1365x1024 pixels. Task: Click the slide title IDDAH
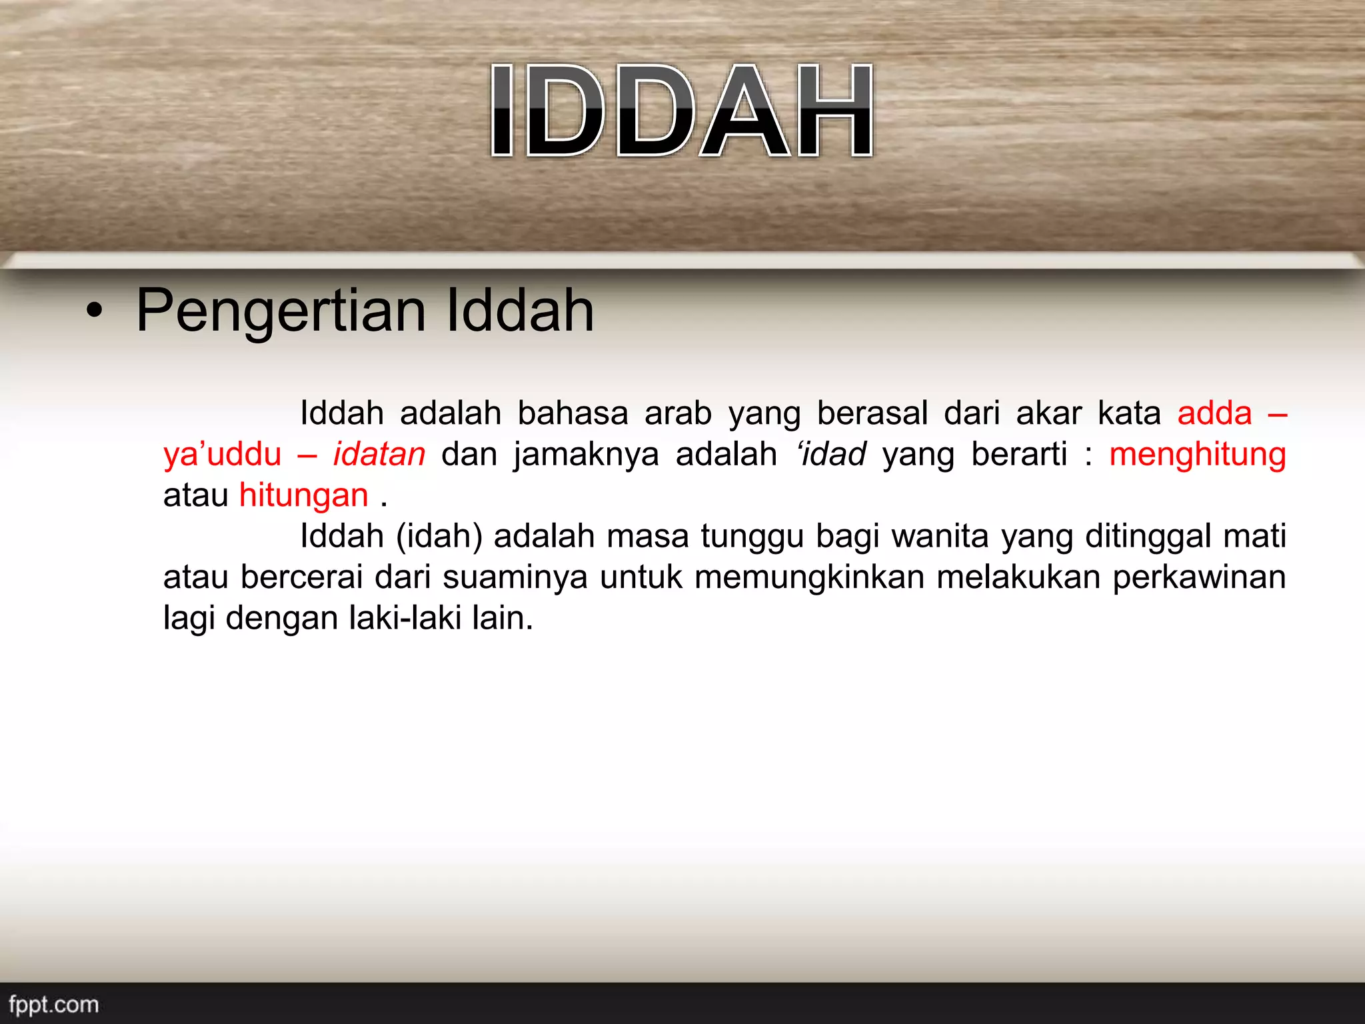681,111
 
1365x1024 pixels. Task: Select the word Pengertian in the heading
281,311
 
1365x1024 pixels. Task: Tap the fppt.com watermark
54,1004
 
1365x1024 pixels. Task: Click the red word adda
1214,413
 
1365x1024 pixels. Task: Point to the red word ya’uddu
223,455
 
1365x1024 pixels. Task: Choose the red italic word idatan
379,455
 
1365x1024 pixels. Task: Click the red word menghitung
1197,455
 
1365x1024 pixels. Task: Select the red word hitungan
304,495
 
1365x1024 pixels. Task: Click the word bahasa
573,413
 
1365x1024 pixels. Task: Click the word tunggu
752,537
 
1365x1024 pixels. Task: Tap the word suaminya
515,577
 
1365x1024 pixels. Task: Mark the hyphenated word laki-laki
405,618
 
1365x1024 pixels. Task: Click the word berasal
872,413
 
